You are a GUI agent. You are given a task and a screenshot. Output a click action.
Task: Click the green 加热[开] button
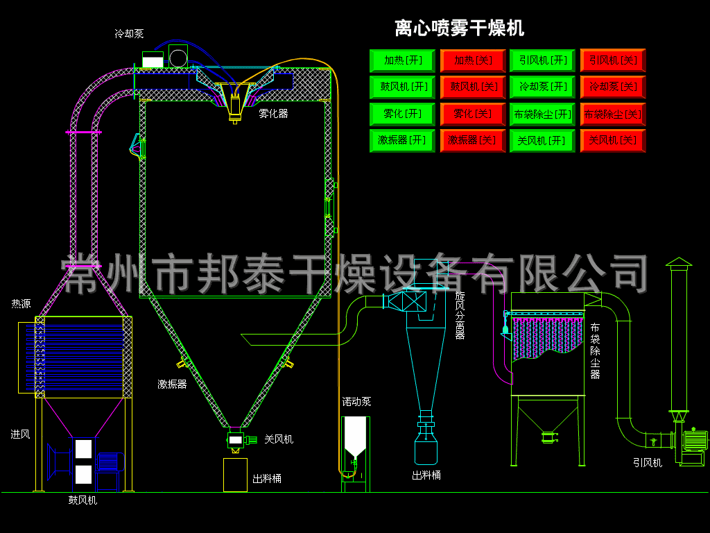[402, 60]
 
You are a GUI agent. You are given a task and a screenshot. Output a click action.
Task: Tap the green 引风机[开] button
[542, 60]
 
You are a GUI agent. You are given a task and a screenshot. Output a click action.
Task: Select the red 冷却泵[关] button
[612, 87]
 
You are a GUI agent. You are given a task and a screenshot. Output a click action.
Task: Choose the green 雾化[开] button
[402, 113]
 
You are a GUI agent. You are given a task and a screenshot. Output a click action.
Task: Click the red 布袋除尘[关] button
[612, 114]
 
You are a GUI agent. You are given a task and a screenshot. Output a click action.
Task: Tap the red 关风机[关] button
[612, 140]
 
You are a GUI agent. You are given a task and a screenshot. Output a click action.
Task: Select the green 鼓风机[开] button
[402, 87]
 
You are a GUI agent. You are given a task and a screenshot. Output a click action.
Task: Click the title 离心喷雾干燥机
[459, 28]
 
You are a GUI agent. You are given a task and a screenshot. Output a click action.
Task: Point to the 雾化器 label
[273, 113]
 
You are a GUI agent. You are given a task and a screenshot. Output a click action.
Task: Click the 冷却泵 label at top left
[129, 33]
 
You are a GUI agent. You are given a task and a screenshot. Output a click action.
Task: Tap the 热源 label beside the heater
[21, 304]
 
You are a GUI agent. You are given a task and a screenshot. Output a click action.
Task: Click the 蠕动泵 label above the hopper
[356, 402]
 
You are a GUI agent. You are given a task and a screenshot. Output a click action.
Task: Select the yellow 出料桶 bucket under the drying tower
[235, 475]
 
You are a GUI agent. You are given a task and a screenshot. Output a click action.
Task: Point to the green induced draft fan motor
[695, 441]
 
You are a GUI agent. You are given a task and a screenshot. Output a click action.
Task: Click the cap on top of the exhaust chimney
[679, 262]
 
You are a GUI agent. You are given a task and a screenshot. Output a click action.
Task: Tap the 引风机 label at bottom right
[648, 462]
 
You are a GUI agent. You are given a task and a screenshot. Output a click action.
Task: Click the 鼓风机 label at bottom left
[83, 500]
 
